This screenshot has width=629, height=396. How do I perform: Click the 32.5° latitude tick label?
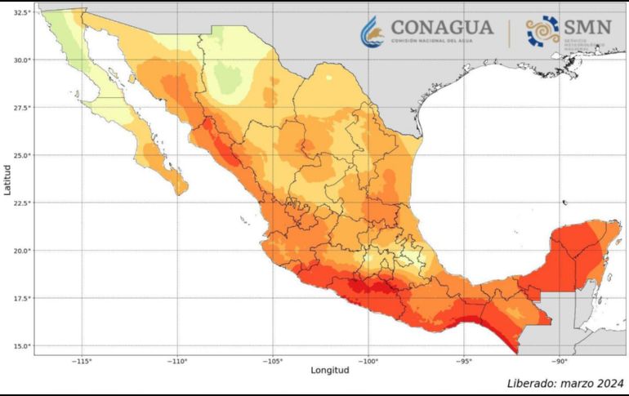coord(22,12)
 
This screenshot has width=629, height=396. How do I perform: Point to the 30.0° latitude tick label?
coord(22,60)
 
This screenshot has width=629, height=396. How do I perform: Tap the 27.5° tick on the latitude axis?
coord(22,107)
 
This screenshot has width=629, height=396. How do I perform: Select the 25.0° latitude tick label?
coord(22,155)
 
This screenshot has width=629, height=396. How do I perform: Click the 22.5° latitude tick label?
coord(22,202)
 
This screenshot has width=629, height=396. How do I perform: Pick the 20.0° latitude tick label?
coord(22,251)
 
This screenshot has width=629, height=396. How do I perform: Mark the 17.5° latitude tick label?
coord(22,298)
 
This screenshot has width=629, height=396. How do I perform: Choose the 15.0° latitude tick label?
coord(22,346)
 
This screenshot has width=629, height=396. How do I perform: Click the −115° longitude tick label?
coord(82,360)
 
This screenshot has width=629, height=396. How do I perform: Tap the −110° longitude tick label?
coord(177,360)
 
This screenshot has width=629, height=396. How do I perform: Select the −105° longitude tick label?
coord(273,360)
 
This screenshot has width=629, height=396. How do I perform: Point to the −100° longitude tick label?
coord(368,360)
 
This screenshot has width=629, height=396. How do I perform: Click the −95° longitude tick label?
coord(464,360)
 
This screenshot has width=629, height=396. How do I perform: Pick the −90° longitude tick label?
coord(560,360)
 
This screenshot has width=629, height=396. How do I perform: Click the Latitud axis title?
coord(7,179)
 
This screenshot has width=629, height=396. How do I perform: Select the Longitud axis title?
coord(329,371)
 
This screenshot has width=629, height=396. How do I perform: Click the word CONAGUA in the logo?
coord(441,27)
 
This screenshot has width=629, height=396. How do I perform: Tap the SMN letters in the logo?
coord(586,27)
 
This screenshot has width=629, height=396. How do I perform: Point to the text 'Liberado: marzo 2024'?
coord(564,383)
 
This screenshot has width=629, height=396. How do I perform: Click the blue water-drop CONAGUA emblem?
coord(372,31)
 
